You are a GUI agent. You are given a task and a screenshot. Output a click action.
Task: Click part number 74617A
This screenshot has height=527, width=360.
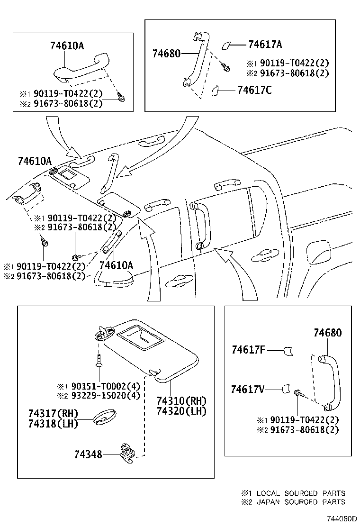(265, 45)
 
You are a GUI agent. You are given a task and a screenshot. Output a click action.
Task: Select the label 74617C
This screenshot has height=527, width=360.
(254, 90)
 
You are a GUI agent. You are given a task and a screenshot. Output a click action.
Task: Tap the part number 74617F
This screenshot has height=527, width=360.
(248, 350)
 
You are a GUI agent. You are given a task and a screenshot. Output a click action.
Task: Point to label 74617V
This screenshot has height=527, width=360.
(248, 389)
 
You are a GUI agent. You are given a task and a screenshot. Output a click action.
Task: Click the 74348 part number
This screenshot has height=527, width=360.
(88, 454)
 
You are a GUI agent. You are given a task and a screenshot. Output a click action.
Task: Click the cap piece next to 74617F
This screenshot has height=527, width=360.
(288, 351)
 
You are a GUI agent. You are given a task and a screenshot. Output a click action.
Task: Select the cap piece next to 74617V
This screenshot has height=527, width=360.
(286, 389)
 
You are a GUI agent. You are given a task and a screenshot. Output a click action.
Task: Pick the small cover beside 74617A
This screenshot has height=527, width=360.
(227, 45)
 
